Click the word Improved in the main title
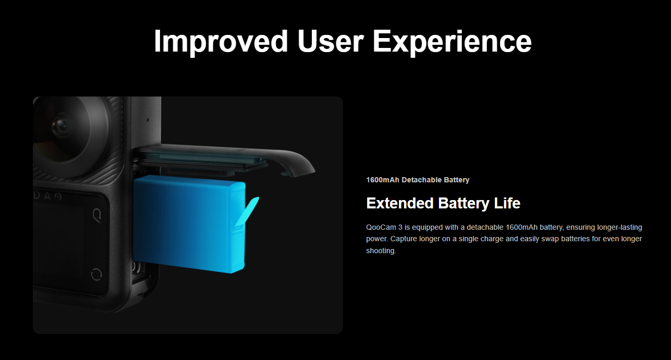(x=221, y=42)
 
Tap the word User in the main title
(x=331, y=41)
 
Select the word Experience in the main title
(x=452, y=42)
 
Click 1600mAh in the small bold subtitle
(x=383, y=180)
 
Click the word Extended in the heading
(x=400, y=203)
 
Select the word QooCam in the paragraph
(x=381, y=228)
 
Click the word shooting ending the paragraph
(x=381, y=251)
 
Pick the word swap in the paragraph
(x=550, y=239)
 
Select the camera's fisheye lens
(x=64, y=129)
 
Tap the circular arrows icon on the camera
(x=96, y=275)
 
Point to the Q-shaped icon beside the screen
(x=97, y=216)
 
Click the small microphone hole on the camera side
(x=148, y=120)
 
